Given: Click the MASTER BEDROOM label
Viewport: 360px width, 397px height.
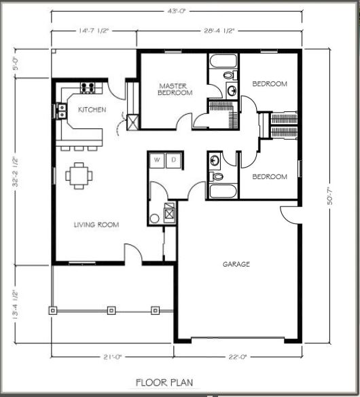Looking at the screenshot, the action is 175,90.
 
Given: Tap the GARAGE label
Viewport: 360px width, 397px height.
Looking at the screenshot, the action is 236,265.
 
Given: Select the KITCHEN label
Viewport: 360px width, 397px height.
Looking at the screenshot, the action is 92,110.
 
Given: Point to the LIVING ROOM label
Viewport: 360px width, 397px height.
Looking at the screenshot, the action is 96,225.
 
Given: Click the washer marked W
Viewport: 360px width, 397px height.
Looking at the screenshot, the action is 157,160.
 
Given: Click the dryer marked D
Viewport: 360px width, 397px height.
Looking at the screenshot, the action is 173,160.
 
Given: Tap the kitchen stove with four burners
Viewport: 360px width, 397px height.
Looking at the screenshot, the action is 88,88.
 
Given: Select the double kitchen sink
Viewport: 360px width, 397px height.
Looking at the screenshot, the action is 62,111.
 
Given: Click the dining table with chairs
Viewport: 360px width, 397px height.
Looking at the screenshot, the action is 79,176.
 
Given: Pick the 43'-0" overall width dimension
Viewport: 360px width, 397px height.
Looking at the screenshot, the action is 177,12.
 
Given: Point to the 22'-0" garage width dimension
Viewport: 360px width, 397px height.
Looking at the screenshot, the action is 237,357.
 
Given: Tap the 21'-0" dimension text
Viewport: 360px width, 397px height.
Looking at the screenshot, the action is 113,357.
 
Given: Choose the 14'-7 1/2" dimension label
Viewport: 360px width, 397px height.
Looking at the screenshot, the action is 94,31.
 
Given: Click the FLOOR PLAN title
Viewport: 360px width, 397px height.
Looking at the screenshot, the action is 164,382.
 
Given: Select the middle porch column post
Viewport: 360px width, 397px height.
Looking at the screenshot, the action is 111,310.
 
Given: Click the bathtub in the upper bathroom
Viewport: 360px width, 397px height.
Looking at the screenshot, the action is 223,61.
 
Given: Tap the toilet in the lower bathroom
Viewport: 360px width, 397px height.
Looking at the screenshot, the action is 216,176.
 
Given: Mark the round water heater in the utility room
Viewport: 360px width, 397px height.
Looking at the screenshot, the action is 154,219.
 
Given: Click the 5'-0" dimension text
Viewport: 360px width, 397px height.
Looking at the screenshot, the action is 16,63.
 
